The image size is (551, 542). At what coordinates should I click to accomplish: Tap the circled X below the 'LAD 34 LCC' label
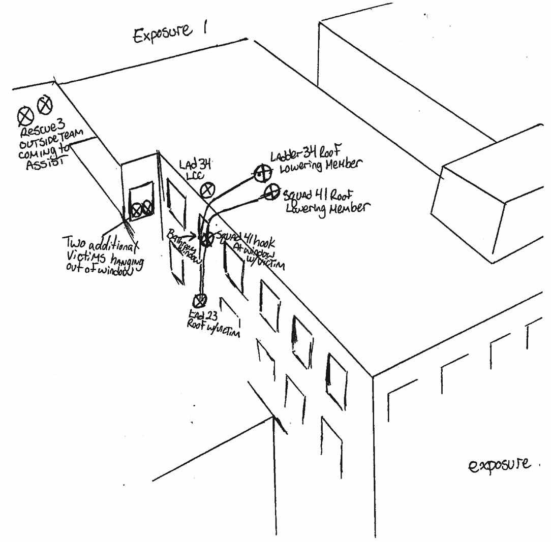point(207,191)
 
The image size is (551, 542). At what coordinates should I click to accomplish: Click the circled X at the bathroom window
point(206,238)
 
